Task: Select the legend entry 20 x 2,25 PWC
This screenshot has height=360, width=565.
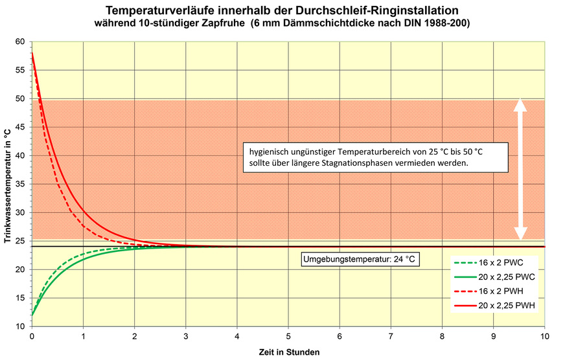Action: (x=496, y=277)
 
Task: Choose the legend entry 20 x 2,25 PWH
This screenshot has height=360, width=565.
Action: (x=496, y=306)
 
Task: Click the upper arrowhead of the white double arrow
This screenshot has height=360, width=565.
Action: (x=520, y=104)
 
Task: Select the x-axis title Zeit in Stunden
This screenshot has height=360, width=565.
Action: (x=288, y=352)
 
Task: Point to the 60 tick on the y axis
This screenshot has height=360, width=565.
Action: (x=20, y=41)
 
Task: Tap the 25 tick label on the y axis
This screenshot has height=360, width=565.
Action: (x=20, y=241)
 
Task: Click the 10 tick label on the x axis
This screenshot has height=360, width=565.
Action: (x=544, y=337)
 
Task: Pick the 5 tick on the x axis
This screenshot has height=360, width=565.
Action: (x=288, y=337)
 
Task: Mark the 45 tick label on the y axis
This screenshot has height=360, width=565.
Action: (x=20, y=127)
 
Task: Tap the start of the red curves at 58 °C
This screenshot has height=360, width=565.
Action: (x=32, y=54)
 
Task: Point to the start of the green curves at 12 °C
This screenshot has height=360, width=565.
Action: (x=32, y=315)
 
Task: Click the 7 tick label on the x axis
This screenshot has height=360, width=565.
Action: (x=391, y=337)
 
